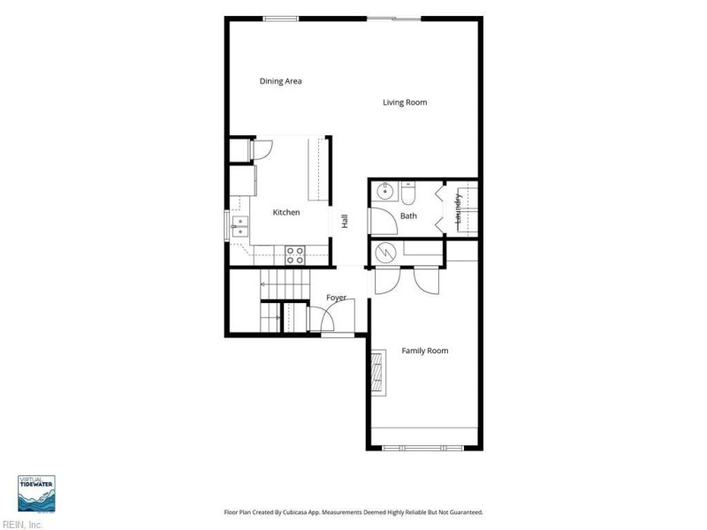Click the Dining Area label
tap(280, 81)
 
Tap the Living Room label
tap(405, 102)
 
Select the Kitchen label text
tap(286, 212)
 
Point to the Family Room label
tap(425, 351)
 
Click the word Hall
tap(345, 222)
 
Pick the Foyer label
tap(337, 298)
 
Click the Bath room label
tap(408, 216)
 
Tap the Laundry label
tap(459, 208)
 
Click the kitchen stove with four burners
tap(295, 255)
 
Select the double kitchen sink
tap(239, 227)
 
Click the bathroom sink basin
tap(384, 192)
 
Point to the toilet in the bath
tap(407, 193)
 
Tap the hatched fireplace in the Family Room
tap(378, 372)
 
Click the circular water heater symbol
tap(385, 254)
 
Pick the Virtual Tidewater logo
tap(36, 494)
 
